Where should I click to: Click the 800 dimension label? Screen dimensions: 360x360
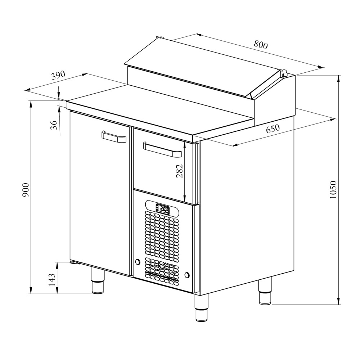pyautogui.click(x=261, y=45)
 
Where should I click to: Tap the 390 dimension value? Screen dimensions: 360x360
pyautogui.click(x=58, y=75)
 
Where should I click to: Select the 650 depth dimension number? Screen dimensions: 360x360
pyautogui.click(x=273, y=129)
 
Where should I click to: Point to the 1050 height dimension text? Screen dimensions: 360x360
pyautogui.click(x=333, y=190)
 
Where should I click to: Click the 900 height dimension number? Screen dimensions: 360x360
pyautogui.click(x=26, y=190)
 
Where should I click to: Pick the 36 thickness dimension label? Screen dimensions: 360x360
pyautogui.click(x=54, y=125)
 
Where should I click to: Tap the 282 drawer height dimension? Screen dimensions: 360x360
pyautogui.click(x=179, y=171)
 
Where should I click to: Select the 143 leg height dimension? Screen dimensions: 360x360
pyautogui.click(x=52, y=279)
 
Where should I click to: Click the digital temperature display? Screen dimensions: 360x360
pyautogui.click(x=163, y=209)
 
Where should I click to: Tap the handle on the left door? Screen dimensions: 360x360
pyautogui.click(x=114, y=137)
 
